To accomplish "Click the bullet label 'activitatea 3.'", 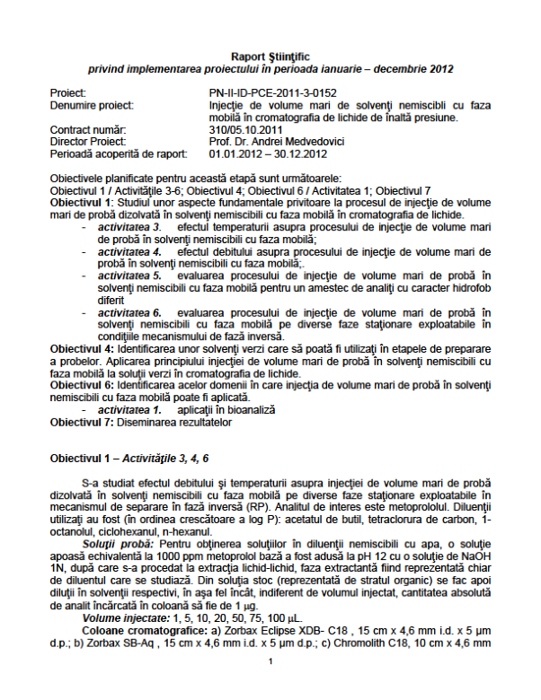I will [130, 228].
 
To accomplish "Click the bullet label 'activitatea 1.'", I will [130, 408].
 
